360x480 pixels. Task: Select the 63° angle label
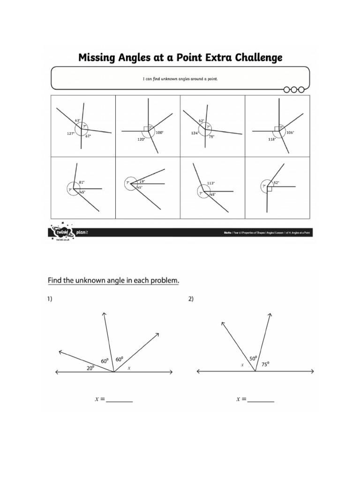pos(78,120)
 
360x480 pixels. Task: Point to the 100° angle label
pos(160,133)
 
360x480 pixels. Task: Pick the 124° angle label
pos(195,133)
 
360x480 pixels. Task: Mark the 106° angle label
pos(290,133)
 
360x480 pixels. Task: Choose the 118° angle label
pos(271,139)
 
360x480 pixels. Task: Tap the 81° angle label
pos(82,182)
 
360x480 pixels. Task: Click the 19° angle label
pos(142,181)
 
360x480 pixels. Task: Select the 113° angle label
pos(210,183)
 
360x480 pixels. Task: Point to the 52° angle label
pos(276,182)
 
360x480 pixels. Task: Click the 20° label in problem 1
pos(90,368)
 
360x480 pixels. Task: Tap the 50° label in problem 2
pos(253,359)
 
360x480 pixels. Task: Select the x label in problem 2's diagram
pos(242,364)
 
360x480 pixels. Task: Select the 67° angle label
pos(88,136)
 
